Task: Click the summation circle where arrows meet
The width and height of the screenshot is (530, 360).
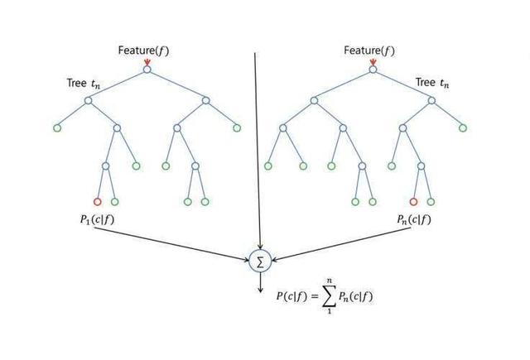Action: click(x=260, y=262)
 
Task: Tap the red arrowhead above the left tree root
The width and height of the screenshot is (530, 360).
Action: click(x=147, y=62)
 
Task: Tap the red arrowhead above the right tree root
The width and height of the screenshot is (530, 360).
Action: click(x=373, y=62)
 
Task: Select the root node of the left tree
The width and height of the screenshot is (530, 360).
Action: click(x=147, y=70)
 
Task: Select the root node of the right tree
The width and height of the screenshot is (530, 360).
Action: click(x=373, y=70)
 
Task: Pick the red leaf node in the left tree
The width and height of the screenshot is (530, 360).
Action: click(x=97, y=201)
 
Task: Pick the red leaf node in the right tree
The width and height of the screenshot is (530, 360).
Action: click(x=413, y=201)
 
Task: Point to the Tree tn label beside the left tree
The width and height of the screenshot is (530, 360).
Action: click(x=83, y=83)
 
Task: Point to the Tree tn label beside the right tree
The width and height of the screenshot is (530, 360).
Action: click(x=434, y=83)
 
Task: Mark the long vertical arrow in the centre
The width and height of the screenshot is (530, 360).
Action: click(x=257, y=149)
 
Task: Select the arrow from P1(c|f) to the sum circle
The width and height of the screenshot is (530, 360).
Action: click(x=174, y=243)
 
